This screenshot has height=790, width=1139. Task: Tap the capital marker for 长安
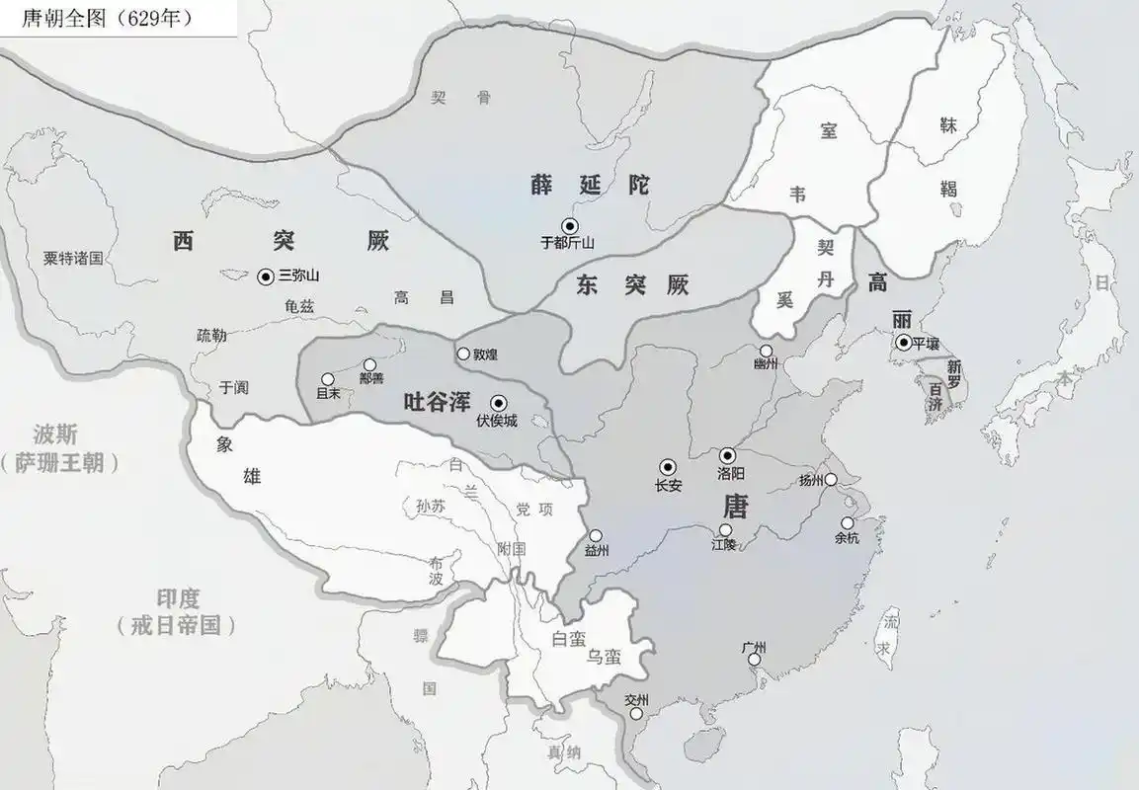coord(668,467)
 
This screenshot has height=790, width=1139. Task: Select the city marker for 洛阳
coord(727,455)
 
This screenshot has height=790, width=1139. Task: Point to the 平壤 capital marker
coord(903,343)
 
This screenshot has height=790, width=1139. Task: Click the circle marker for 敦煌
coord(463,354)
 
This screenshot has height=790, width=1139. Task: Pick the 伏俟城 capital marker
coord(498,402)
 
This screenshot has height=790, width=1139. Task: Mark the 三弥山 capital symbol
coord(266,277)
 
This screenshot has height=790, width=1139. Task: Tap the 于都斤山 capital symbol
coord(568,225)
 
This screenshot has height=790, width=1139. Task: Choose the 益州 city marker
coord(595,536)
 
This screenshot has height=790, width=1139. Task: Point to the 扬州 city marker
coord(831,480)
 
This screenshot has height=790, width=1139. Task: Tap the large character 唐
coord(735,508)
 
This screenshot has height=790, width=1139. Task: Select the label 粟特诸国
coord(73,258)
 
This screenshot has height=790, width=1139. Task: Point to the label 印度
coord(178,598)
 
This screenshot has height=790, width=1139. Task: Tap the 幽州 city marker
coord(767,351)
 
